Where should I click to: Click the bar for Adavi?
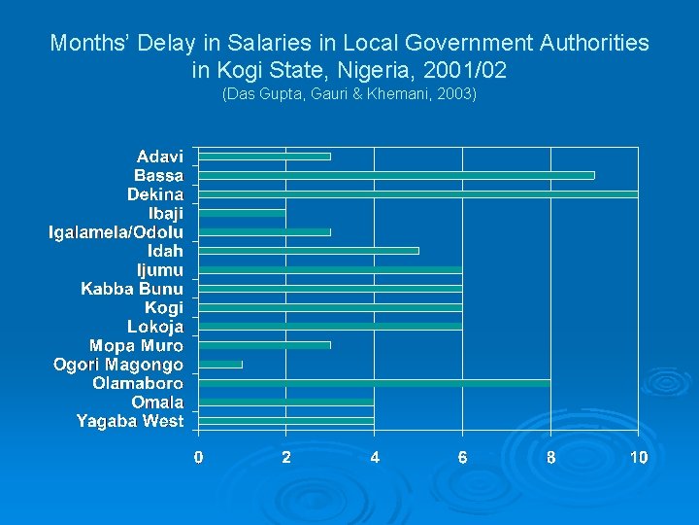tap(264, 156)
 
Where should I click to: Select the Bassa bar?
tap(396, 175)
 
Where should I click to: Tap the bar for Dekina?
tap(417, 193)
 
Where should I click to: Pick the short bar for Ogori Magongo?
tap(220, 364)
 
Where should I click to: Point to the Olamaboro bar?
tap(374, 383)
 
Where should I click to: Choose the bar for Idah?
tap(308, 251)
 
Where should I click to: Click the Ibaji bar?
tap(242, 213)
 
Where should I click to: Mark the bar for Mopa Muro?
tap(264, 345)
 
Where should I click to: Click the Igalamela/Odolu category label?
tap(116, 231)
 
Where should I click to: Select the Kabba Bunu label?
tap(132, 289)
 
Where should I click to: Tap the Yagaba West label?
tap(130, 421)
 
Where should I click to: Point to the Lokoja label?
tap(155, 327)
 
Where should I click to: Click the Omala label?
tap(158, 402)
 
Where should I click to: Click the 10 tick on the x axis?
tap(638, 457)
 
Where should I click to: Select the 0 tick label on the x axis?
tap(198, 457)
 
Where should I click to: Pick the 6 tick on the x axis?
tap(462, 457)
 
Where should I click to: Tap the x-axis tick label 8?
tap(550, 457)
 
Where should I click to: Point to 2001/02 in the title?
tap(461, 71)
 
